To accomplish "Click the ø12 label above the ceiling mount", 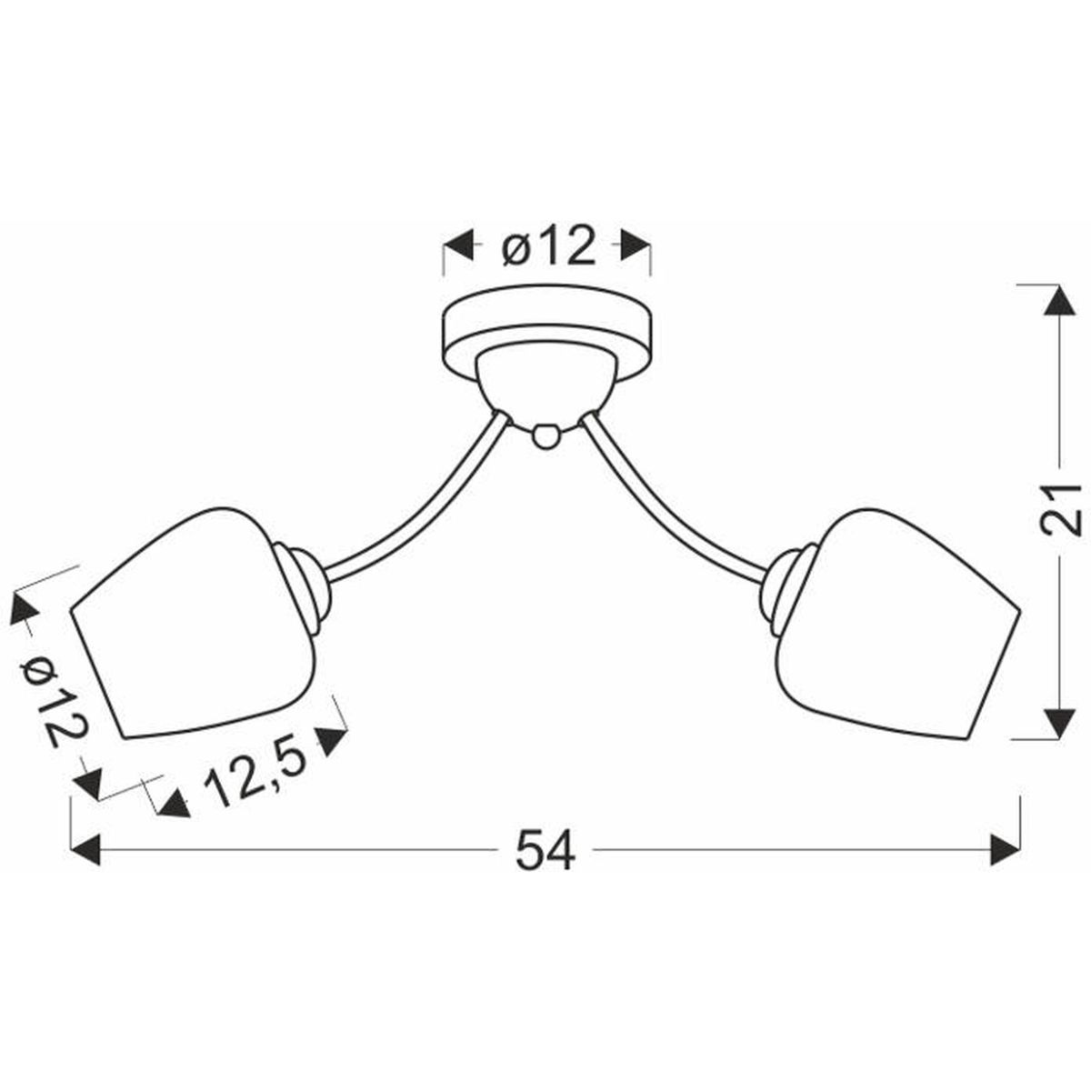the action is (x=548, y=245).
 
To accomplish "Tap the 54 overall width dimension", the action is (x=545, y=866).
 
